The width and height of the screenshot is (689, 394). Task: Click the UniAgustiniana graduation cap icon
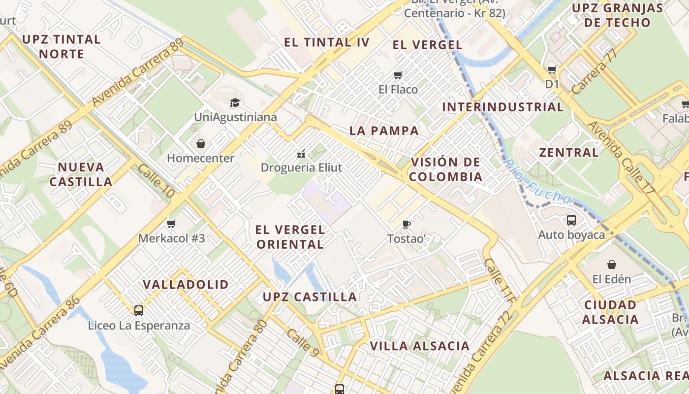pos(235,103)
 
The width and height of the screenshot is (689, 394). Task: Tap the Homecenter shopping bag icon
pos(201,144)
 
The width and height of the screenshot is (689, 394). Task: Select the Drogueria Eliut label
pos(301,167)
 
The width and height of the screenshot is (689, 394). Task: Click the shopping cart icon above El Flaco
pos(398,75)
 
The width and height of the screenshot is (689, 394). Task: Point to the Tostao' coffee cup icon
pos(407,224)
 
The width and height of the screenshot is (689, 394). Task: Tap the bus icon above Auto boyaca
pos(571,220)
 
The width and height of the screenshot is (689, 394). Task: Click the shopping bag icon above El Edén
pos(612,264)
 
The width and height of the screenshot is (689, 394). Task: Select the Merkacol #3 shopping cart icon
pos(171,224)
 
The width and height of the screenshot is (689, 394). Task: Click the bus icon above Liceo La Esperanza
pos(139,310)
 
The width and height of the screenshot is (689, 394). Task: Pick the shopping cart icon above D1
pos(552,69)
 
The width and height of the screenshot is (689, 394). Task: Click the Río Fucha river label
pos(537,182)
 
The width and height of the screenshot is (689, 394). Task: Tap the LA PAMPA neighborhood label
pos(384,131)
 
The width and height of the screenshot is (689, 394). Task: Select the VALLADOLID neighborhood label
pos(186,285)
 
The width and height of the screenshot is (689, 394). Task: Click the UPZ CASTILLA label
pos(310,297)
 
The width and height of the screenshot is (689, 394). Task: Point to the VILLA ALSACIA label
pos(420,346)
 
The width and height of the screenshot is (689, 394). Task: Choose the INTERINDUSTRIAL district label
pos(502,107)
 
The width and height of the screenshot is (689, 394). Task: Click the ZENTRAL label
pos(569,153)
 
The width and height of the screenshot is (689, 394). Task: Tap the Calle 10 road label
pos(156,181)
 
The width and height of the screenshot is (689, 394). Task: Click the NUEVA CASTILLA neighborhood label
pos(81,174)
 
